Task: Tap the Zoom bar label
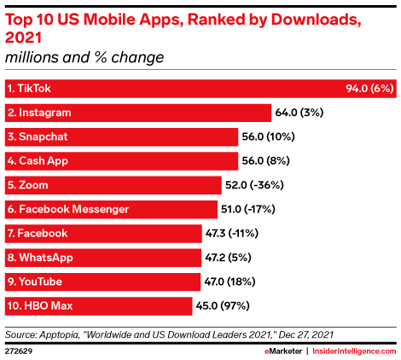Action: tap(26, 184)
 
